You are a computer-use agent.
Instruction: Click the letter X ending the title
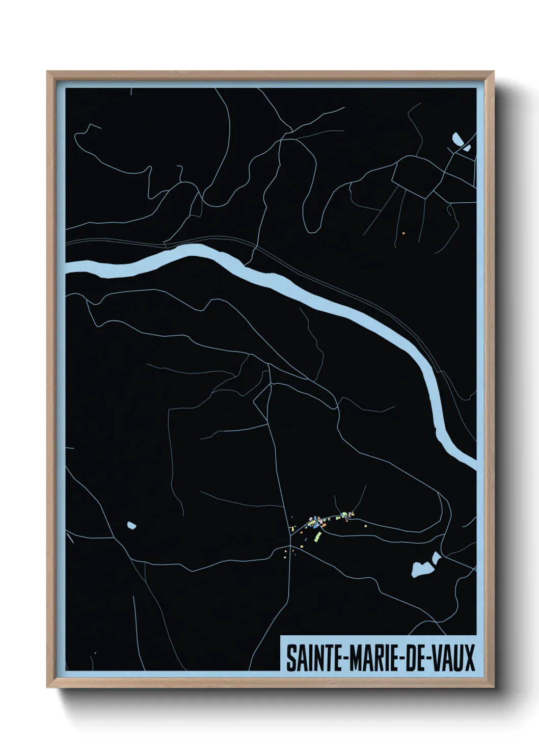pos(469,658)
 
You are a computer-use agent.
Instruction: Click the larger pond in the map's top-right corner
pos(455,138)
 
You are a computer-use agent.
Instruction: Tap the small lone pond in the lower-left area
pos(131,524)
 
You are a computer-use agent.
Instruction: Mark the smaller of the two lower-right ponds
pos(436,558)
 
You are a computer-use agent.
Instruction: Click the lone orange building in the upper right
pos(403,233)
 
